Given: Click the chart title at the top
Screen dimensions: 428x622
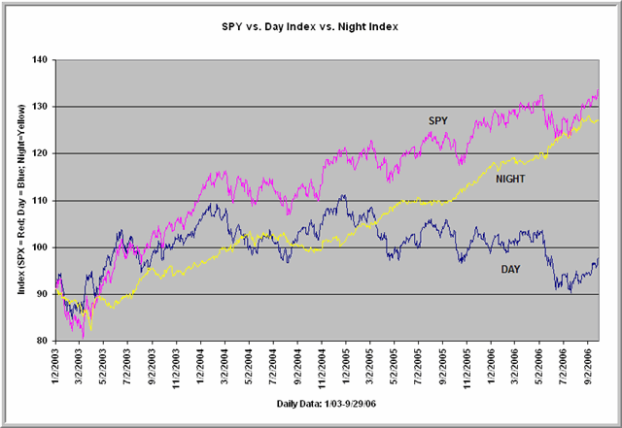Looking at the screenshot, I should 311,22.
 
